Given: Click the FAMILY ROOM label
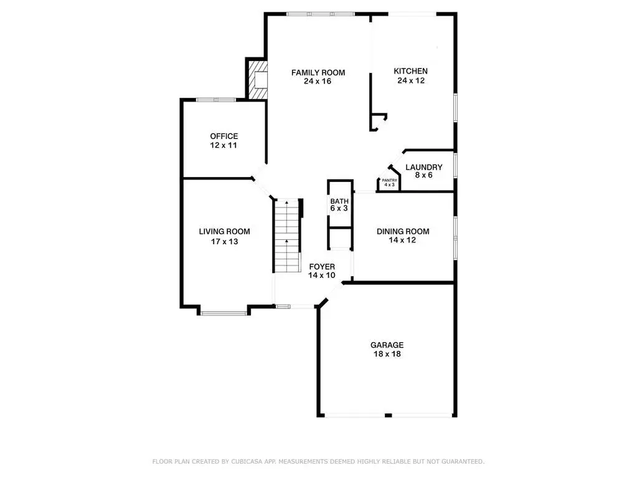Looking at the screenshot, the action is pos(318,73).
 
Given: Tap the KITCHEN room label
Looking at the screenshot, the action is pos(411,71).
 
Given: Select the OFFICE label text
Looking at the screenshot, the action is pos(224,136).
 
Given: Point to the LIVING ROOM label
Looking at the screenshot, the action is pos(224,232).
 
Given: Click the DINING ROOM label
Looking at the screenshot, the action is pos(403,232).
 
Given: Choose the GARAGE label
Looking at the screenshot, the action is pos(387,345).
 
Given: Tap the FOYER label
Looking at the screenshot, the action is pos(322,267).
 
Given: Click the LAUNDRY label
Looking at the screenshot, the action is pos(423,167).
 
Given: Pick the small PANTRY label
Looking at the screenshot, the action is pos(390,180).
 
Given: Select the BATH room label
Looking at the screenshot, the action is pos(339,201).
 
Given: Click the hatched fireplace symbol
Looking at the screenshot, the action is pos(258,80).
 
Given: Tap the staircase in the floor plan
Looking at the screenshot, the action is pos(287,236).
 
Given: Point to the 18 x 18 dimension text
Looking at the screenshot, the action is pos(387,354).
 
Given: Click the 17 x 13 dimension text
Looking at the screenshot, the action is pos(224,241).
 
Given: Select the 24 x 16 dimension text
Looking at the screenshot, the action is pos(318,81).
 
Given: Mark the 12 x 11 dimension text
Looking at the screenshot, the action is pos(224,145).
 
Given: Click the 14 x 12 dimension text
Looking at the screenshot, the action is pos(402,240).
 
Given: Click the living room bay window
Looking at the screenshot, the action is pos(224,313).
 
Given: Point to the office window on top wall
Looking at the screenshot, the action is pos(215,100).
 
